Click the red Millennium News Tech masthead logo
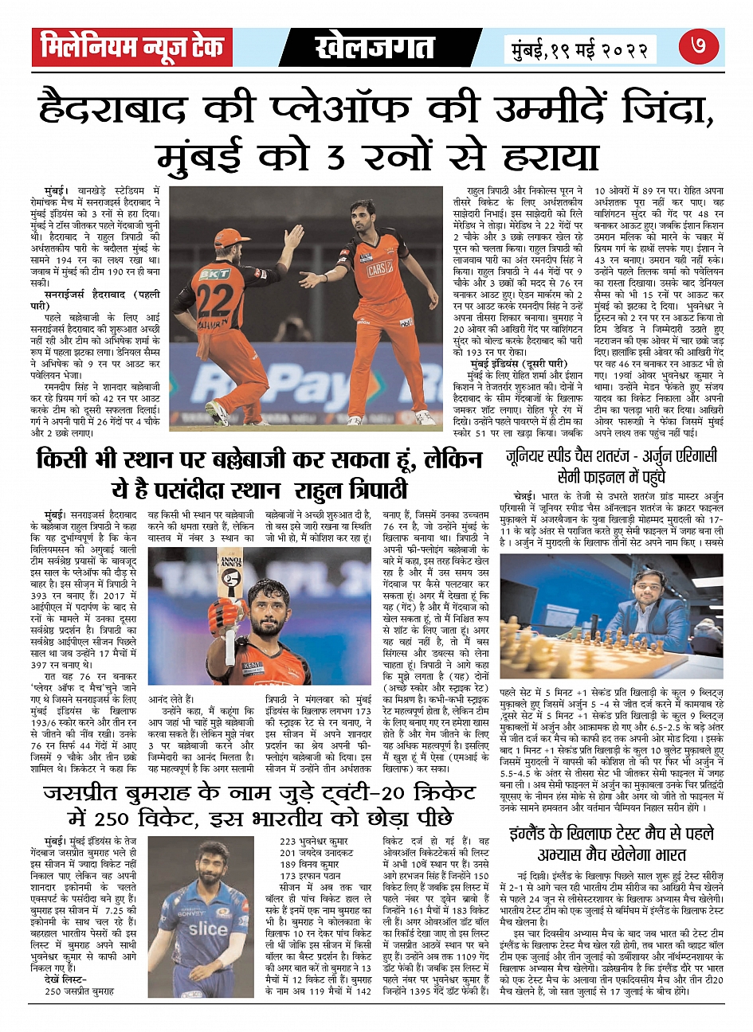coord(132,48)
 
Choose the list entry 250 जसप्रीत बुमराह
coord(79,991)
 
